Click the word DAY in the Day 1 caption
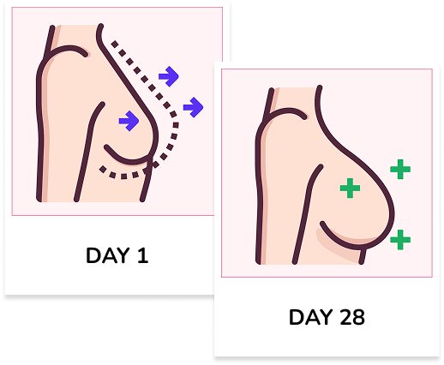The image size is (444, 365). (x=107, y=255)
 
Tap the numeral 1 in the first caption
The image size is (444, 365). (x=143, y=255)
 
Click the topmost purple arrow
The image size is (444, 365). (x=169, y=76)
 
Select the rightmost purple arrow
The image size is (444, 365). (x=193, y=107)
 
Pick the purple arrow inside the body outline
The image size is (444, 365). (x=129, y=121)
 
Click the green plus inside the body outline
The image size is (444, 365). (x=350, y=188)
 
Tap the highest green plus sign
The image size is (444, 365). (x=400, y=170)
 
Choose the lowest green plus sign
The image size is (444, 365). (x=400, y=240)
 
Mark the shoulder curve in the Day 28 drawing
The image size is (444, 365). (x=286, y=111)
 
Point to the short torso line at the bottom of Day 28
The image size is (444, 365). (x=363, y=256)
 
